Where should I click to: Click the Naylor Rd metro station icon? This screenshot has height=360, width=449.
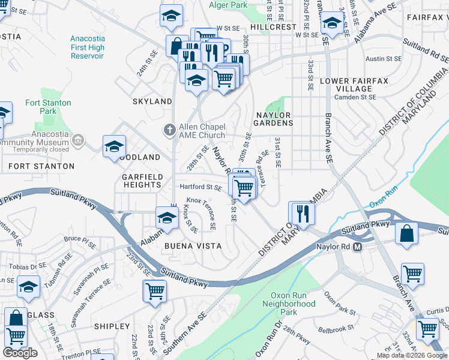[x=358, y=247]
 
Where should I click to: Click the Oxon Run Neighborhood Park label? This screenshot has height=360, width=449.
[x=289, y=304]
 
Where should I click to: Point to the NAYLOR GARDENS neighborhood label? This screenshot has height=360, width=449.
[x=274, y=118]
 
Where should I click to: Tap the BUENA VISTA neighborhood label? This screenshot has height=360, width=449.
[x=193, y=246]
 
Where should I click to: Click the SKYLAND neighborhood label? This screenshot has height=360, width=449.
[x=152, y=101]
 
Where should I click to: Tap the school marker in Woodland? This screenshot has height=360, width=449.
[x=114, y=146]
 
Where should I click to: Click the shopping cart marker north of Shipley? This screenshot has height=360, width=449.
[x=154, y=290]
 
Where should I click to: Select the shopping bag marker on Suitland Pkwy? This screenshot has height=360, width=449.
[x=406, y=232]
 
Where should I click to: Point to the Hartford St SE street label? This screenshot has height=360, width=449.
[x=201, y=187]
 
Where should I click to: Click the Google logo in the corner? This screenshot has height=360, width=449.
[x=20, y=353]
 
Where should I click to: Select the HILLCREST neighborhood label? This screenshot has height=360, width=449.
[x=273, y=27]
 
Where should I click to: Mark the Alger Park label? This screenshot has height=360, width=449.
[x=228, y=5]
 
